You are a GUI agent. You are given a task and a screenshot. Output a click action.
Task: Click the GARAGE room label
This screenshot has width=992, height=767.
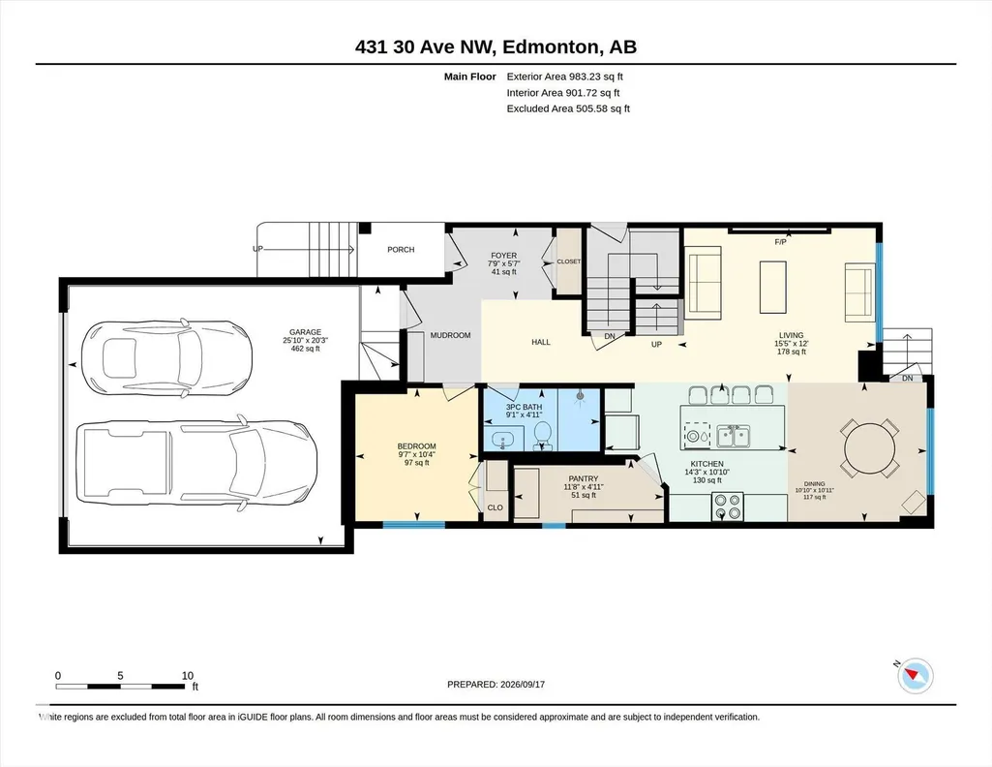click(305, 331)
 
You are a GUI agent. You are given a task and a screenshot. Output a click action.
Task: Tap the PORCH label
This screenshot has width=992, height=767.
click(401, 249)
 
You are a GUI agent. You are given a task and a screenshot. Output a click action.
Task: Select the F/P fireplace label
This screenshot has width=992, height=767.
click(780, 242)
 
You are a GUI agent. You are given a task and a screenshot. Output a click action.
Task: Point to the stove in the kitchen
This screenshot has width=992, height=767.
click(728, 506)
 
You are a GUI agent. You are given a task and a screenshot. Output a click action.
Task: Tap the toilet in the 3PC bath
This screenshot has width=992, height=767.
click(542, 435)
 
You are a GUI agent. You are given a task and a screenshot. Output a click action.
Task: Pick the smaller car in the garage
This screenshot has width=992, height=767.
click(167, 358)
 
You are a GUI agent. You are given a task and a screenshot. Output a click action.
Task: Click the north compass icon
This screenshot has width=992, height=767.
click(915, 676)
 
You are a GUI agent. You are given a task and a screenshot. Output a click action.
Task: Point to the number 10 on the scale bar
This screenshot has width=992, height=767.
click(187, 675)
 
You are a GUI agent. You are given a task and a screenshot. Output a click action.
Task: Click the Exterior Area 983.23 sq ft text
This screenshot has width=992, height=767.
click(565, 77)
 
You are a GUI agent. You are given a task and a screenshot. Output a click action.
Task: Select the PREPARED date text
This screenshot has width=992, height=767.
click(496, 684)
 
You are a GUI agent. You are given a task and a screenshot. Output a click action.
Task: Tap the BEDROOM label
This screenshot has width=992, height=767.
click(416, 446)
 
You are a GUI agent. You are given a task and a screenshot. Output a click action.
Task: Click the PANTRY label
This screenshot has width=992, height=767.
click(584, 479)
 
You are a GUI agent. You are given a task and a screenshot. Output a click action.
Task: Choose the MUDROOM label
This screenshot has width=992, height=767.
click(450, 335)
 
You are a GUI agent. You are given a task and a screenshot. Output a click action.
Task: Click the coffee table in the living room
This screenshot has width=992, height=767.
click(772, 288)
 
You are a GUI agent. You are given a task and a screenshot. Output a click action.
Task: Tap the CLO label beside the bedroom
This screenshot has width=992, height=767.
click(496, 507)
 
